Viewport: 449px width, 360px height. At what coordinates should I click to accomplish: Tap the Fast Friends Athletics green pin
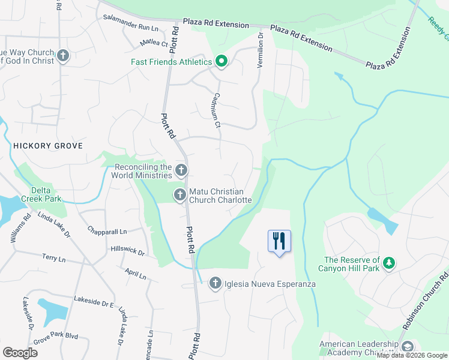click(x=221, y=62)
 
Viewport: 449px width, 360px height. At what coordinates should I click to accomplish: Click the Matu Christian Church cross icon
click(x=179, y=195)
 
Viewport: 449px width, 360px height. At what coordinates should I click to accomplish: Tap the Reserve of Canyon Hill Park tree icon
click(x=390, y=263)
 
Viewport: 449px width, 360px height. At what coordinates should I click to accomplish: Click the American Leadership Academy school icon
click(x=408, y=347)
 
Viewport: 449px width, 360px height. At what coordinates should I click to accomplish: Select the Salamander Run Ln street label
click(x=130, y=23)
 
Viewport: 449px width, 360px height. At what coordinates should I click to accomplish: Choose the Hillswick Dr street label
click(x=128, y=250)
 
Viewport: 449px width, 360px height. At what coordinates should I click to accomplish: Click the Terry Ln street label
click(x=53, y=258)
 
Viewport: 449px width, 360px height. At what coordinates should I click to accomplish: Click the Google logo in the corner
click(x=20, y=352)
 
